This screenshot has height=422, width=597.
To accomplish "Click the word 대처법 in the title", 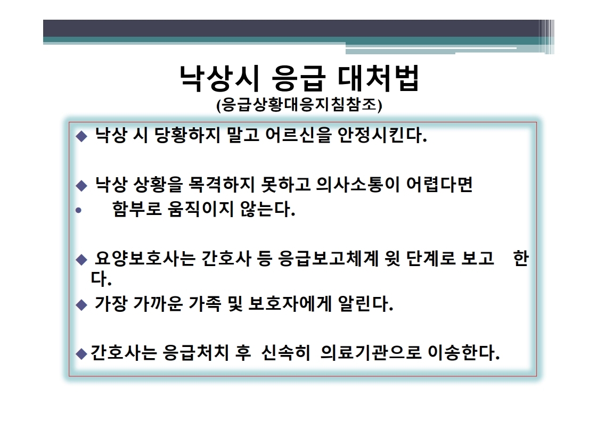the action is [378, 78].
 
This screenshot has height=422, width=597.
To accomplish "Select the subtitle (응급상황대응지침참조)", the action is [299, 105].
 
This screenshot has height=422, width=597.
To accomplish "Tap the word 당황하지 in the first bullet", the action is [187, 135].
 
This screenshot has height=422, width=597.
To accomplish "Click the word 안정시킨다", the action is [382, 135].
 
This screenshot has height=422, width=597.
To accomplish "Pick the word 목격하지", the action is [222, 185].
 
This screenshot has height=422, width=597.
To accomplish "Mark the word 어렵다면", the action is [439, 185].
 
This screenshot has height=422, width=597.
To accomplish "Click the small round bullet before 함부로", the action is [78, 210].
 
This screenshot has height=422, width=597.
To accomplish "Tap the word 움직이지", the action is [200, 209].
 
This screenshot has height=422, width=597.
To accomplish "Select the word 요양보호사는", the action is [145, 259].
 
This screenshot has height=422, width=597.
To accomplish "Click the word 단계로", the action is [431, 259].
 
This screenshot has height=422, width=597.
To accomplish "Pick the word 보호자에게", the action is [290, 304].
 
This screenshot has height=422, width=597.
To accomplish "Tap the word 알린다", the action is [365, 304].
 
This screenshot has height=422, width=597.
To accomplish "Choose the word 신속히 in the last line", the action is [286, 353].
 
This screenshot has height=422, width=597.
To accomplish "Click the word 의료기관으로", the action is [371, 353].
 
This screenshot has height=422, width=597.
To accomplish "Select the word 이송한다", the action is [464, 353].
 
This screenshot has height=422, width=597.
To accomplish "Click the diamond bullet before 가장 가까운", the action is [81, 305].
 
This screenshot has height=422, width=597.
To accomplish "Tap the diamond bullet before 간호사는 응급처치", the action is [81, 354].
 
